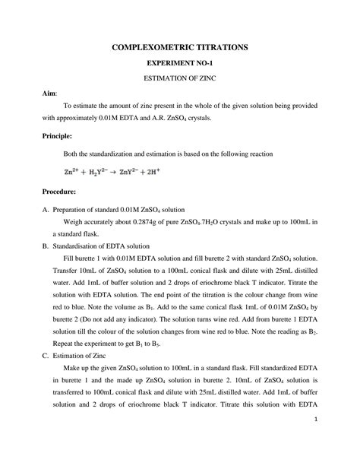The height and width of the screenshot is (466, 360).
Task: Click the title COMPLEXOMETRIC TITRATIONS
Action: pos(179,47)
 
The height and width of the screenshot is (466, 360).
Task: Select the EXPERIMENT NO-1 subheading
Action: pos(179,63)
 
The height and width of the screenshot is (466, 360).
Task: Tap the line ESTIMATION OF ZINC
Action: pos(179,78)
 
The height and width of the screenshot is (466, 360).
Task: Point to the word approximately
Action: pos(83,118)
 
